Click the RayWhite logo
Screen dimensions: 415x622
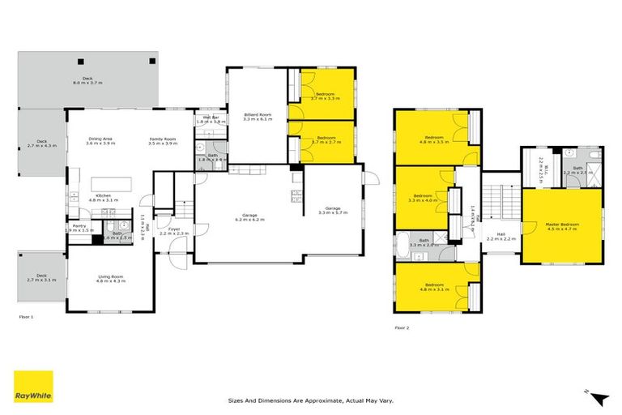(33, 387)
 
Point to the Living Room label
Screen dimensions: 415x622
(108, 280)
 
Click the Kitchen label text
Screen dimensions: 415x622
(103, 197)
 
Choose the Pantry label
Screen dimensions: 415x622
(79, 228)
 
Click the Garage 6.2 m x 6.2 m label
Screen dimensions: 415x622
(248, 218)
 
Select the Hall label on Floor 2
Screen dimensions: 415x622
(501, 237)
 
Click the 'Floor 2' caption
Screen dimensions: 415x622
(403, 327)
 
